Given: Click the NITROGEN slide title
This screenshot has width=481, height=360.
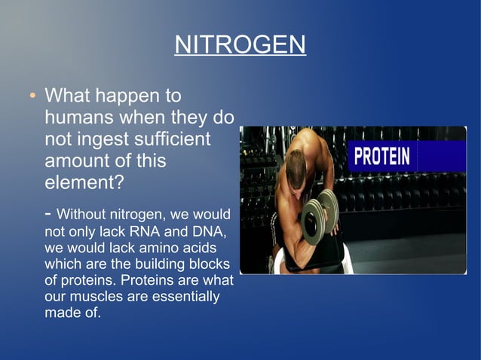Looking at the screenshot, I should point(240,44).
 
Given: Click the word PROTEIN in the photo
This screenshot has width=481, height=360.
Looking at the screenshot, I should point(382,157).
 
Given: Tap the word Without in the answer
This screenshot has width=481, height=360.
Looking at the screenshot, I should point(84,215).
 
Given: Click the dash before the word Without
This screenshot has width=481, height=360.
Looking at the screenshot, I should point(48,215).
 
